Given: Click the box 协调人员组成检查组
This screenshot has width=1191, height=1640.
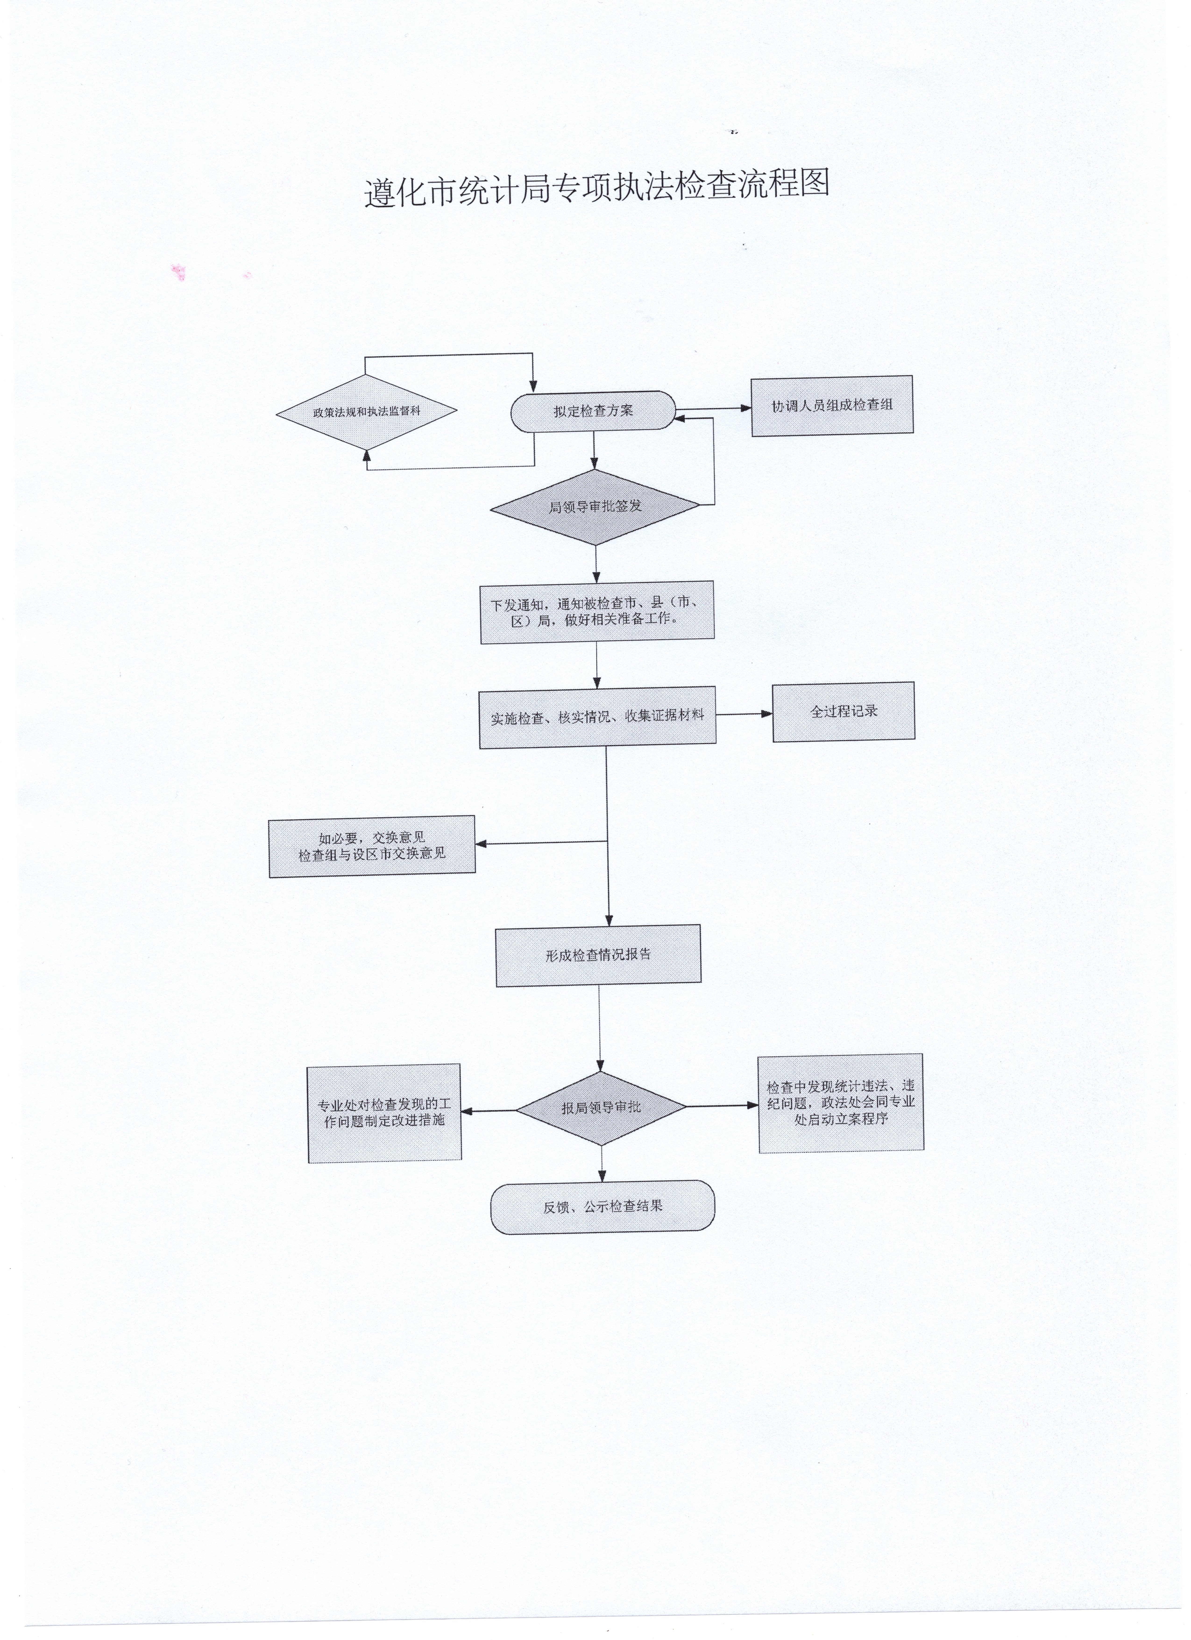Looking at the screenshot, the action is click(x=832, y=406).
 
